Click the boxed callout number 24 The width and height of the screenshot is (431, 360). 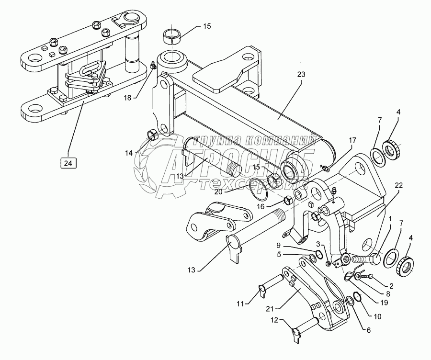(x=68, y=163)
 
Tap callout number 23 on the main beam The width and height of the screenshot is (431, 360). (x=301, y=75)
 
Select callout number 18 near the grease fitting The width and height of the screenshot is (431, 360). (x=128, y=98)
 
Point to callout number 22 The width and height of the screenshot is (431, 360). (x=398, y=185)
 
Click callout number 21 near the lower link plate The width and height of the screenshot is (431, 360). (x=270, y=309)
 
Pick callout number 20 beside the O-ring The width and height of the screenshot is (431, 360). (x=218, y=192)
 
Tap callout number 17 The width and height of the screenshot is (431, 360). (x=352, y=140)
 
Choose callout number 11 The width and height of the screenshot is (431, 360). (x=240, y=304)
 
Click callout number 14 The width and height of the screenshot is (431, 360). (x=129, y=153)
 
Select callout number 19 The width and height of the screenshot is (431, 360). (x=384, y=303)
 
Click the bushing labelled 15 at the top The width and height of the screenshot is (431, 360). (x=172, y=36)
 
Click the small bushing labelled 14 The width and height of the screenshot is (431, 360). (x=153, y=135)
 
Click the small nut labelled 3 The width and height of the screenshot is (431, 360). (x=328, y=264)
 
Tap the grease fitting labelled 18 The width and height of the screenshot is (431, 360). (x=153, y=65)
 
